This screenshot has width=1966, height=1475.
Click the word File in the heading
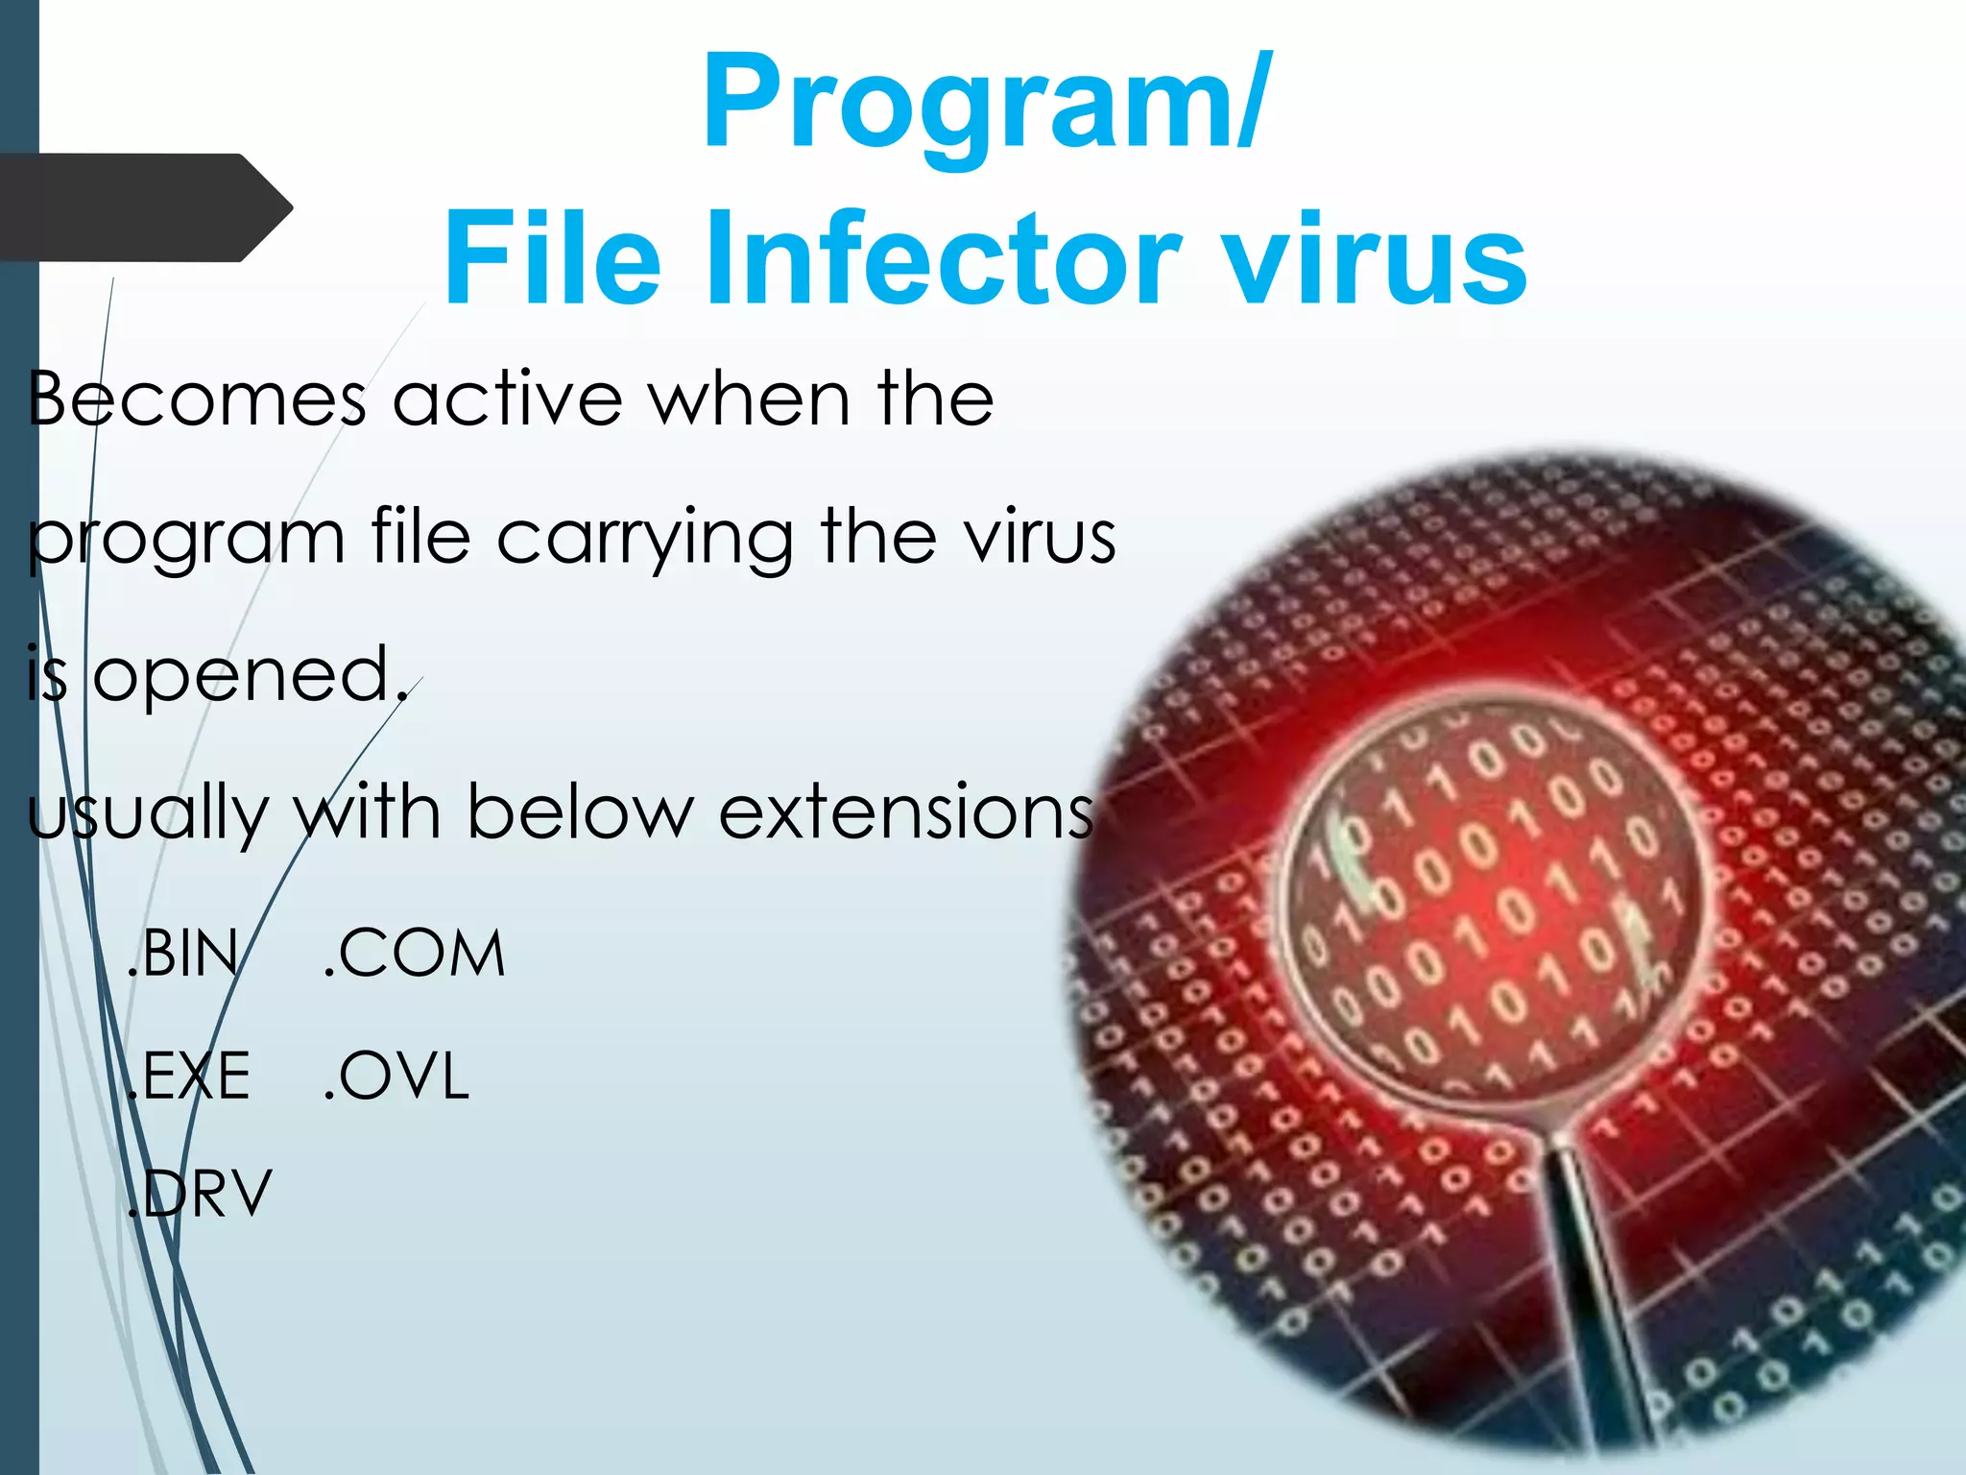[x=552, y=259]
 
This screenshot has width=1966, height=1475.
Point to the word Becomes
[x=197, y=399]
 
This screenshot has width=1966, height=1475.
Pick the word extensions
[x=906, y=812]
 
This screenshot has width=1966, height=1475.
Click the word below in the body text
[x=580, y=812]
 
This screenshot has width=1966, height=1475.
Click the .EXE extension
[x=189, y=1076]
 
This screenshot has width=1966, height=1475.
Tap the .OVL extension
[x=396, y=1076]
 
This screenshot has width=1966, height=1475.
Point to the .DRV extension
[x=200, y=1194]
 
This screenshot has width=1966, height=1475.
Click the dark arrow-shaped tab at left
[x=144, y=207]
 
